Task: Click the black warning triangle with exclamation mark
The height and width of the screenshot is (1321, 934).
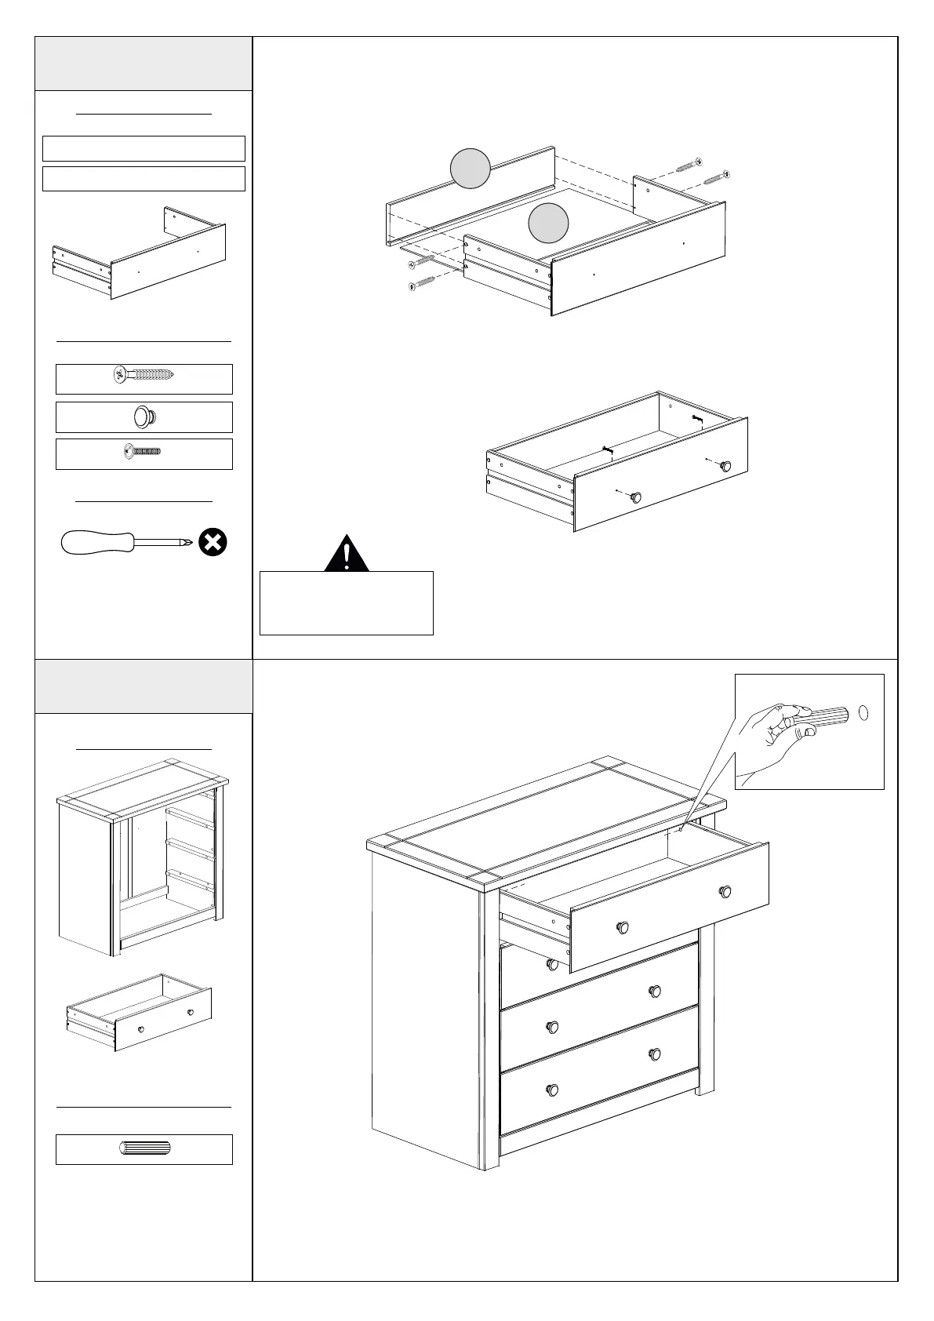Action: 347,554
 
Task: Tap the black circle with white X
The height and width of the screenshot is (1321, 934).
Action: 213,541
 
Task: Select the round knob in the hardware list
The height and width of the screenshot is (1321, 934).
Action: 143,417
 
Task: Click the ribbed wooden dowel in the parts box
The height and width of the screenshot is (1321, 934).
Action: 144,1149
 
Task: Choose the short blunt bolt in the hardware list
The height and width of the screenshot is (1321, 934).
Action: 143,453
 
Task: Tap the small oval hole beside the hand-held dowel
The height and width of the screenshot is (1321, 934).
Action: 864,713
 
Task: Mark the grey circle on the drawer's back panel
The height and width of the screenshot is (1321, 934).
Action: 471,169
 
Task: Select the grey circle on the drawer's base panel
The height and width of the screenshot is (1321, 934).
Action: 548,223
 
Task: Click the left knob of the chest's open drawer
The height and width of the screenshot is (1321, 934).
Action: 623,926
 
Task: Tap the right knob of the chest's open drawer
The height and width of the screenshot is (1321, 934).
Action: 725,891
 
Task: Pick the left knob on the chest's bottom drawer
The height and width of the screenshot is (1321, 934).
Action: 552,1090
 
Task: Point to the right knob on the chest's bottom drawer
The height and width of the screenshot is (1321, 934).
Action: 655,1054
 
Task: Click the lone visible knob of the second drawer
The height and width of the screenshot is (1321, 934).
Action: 553,963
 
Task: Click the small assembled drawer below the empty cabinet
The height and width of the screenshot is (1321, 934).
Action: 140,1013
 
